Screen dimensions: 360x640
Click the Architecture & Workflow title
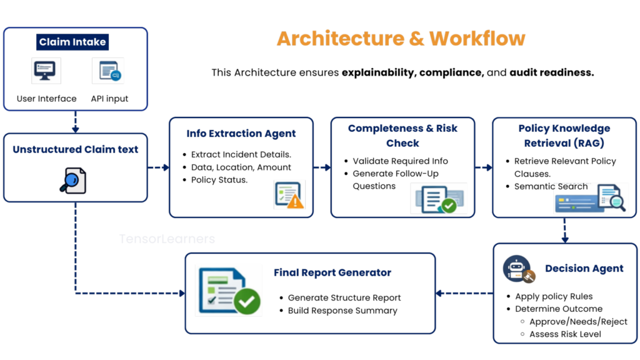(x=401, y=39)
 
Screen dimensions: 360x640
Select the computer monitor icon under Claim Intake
(x=46, y=71)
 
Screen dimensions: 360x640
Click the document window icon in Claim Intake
(x=107, y=71)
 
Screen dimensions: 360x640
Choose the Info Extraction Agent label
(x=241, y=134)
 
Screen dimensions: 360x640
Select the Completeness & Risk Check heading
(x=403, y=136)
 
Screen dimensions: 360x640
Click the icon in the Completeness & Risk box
(x=439, y=198)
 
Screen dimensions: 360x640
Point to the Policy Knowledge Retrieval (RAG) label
(x=564, y=136)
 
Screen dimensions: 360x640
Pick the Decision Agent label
(x=584, y=269)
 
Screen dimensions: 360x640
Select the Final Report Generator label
(x=332, y=272)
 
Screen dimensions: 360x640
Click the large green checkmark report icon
(x=228, y=290)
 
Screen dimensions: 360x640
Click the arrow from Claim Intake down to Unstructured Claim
(x=76, y=122)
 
